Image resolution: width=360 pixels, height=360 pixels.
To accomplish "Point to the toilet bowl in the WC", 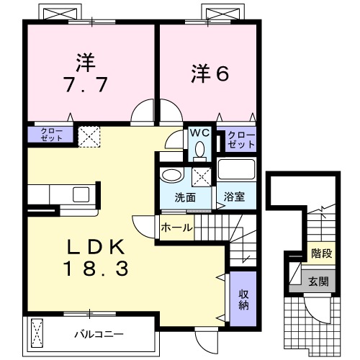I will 199,149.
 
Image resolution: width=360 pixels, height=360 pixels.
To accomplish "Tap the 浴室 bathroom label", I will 233,196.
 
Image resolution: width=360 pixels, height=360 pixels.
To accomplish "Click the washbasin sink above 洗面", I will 171,176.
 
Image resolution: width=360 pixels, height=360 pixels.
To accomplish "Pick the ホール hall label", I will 176,228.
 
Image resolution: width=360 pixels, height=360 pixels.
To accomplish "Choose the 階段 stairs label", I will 320,253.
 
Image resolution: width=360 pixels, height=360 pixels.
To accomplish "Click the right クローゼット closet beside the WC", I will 239,139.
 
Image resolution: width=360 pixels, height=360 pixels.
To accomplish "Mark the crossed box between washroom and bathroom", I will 202,176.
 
